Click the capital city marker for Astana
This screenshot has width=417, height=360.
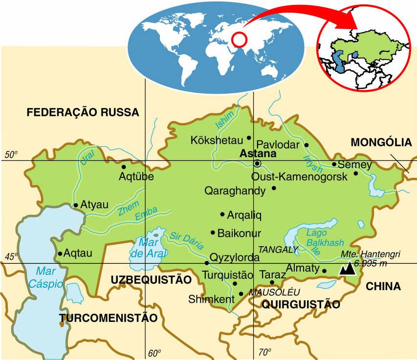(257, 164)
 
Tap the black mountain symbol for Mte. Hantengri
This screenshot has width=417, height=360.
(348, 268)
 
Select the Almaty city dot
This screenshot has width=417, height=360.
(324, 270)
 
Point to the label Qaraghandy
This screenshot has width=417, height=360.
(235, 190)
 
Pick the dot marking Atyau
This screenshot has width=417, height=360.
(75, 205)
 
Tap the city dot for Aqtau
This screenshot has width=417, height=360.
(60, 254)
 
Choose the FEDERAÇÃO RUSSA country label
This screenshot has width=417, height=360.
(83, 112)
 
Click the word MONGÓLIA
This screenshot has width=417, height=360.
(381, 142)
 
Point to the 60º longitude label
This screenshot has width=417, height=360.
(154, 353)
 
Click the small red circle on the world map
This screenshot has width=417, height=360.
(238, 39)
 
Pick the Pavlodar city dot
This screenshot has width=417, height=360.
(307, 145)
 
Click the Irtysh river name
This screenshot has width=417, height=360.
(313, 161)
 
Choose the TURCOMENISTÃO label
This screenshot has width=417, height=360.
(108, 318)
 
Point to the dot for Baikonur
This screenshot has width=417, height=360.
(213, 233)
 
